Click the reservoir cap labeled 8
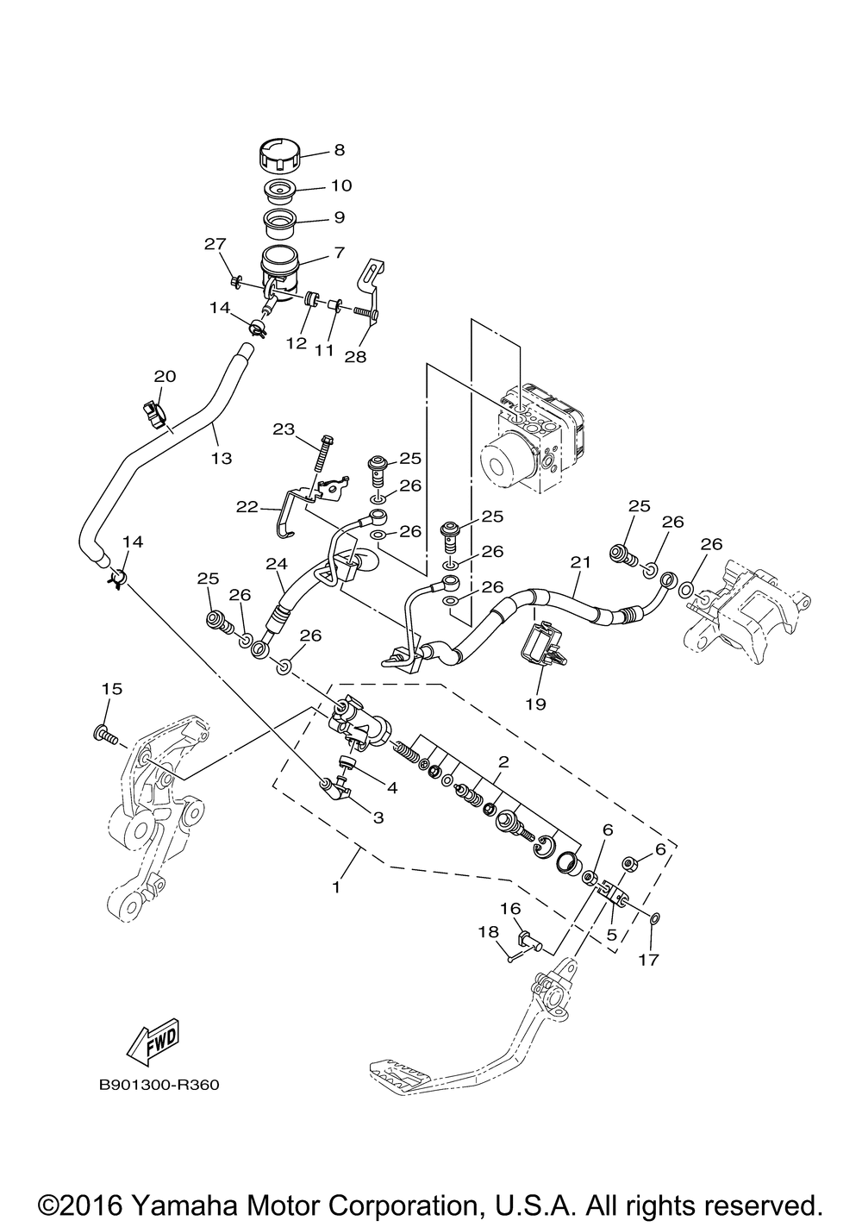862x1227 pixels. (280, 156)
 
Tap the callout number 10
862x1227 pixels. (341, 185)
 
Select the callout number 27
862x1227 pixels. (215, 243)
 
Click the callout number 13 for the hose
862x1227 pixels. (222, 458)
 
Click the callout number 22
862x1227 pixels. (247, 507)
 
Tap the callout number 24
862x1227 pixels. (277, 563)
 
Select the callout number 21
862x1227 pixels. (581, 562)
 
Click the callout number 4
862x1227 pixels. (391, 788)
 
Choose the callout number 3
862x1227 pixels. (378, 817)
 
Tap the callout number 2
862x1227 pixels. (503, 761)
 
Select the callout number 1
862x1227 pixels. (336, 886)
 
